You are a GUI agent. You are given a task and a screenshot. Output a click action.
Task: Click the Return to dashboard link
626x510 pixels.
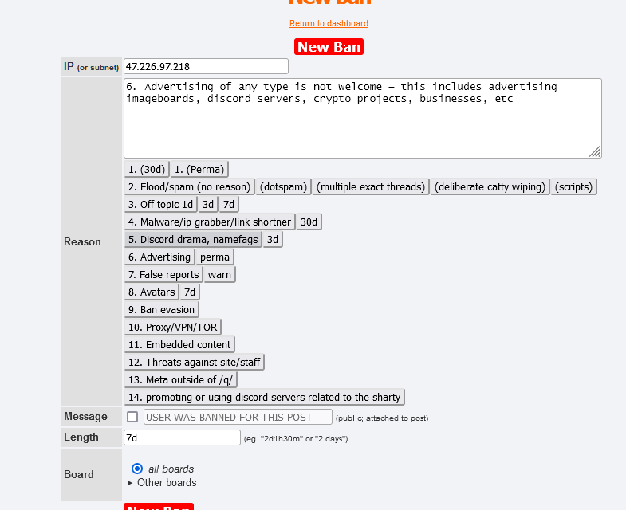329,24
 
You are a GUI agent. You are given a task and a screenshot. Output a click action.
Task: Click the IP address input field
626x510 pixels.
206,66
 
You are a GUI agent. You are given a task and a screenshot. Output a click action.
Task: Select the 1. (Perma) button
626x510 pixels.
199,169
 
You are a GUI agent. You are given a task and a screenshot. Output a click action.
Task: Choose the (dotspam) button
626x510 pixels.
283,186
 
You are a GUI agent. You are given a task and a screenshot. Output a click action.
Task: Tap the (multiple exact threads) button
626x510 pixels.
370,186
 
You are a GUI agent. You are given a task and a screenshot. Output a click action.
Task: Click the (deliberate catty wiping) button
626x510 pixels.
490,186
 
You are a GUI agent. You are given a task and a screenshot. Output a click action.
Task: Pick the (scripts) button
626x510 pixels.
574,186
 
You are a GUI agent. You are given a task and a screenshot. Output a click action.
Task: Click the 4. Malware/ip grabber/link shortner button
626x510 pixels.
210,222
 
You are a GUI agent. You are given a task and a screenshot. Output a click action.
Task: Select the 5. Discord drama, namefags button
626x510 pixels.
193,239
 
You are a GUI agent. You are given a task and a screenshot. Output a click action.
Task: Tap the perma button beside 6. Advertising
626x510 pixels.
215,257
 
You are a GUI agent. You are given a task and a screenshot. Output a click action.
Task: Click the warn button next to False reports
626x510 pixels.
219,274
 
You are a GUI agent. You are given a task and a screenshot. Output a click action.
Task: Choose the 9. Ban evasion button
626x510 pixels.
162,309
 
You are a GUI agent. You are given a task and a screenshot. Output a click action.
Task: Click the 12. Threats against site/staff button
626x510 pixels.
195,362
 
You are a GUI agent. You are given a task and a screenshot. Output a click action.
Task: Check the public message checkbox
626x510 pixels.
132,417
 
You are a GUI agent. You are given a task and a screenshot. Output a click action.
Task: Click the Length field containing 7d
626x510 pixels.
182,437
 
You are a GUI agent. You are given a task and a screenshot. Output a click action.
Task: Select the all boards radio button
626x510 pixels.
137,469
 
